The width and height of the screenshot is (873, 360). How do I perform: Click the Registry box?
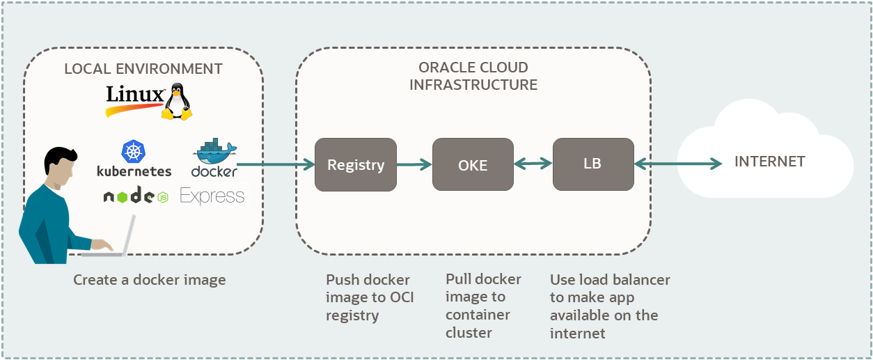tap(355, 164)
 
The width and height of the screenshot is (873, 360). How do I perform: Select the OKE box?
tap(473, 164)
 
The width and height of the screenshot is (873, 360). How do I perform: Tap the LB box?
tap(593, 164)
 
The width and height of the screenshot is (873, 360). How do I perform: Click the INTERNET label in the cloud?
tap(769, 162)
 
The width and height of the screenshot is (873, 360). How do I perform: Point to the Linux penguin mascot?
tap(177, 102)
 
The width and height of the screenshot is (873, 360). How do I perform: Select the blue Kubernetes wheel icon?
tap(134, 152)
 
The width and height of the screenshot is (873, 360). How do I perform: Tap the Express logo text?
tap(212, 196)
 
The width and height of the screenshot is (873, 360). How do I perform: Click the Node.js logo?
tap(136, 197)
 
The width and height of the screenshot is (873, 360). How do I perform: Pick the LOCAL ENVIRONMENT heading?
tap(143, 69)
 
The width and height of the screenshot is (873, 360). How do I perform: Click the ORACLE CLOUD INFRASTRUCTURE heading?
tap(473, 76)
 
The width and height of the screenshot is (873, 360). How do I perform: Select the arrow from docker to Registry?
tap(276, 164)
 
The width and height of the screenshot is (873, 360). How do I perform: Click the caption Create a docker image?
tap(150, 280)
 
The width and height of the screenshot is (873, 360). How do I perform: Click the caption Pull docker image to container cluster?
tap(483, 306)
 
